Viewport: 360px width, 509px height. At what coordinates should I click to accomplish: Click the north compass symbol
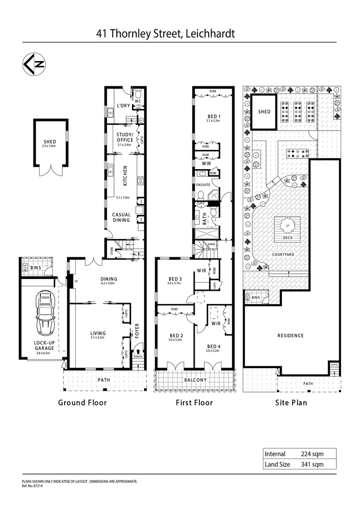34,65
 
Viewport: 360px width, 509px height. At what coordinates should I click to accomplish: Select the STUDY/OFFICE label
125,137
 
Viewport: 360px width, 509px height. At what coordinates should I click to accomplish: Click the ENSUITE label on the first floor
203,185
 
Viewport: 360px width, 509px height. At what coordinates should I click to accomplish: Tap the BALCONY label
195,379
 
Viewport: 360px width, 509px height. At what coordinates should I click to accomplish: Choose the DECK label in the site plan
288,238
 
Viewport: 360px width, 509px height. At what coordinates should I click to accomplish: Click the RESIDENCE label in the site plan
290,336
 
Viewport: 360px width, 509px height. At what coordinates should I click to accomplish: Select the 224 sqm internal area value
310,454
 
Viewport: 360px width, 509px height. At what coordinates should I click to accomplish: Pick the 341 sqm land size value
310,464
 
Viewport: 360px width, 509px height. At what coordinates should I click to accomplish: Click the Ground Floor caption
82,402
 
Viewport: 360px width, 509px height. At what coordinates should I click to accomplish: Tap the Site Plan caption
291,402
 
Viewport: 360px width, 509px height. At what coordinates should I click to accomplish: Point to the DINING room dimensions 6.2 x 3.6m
108,284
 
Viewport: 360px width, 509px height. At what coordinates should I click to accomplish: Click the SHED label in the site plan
264,112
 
